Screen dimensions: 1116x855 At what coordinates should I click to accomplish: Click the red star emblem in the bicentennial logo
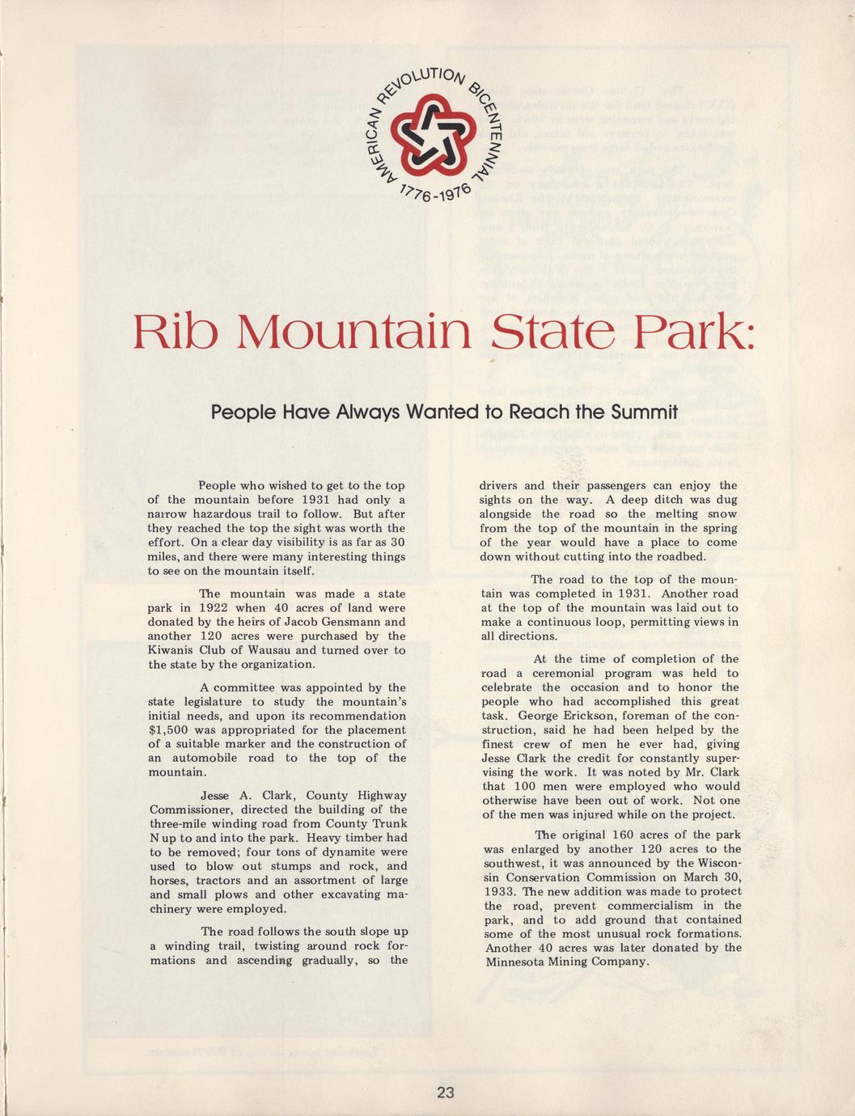[427, 134]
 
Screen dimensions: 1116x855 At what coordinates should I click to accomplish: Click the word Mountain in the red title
[354, 332]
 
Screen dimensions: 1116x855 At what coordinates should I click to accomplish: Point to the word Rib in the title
[176, 332]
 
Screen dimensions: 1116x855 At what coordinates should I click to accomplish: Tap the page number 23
[445, 1093]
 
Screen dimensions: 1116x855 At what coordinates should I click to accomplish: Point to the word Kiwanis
[173, 651]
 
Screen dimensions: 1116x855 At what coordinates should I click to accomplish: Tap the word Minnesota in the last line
[517, 962]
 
